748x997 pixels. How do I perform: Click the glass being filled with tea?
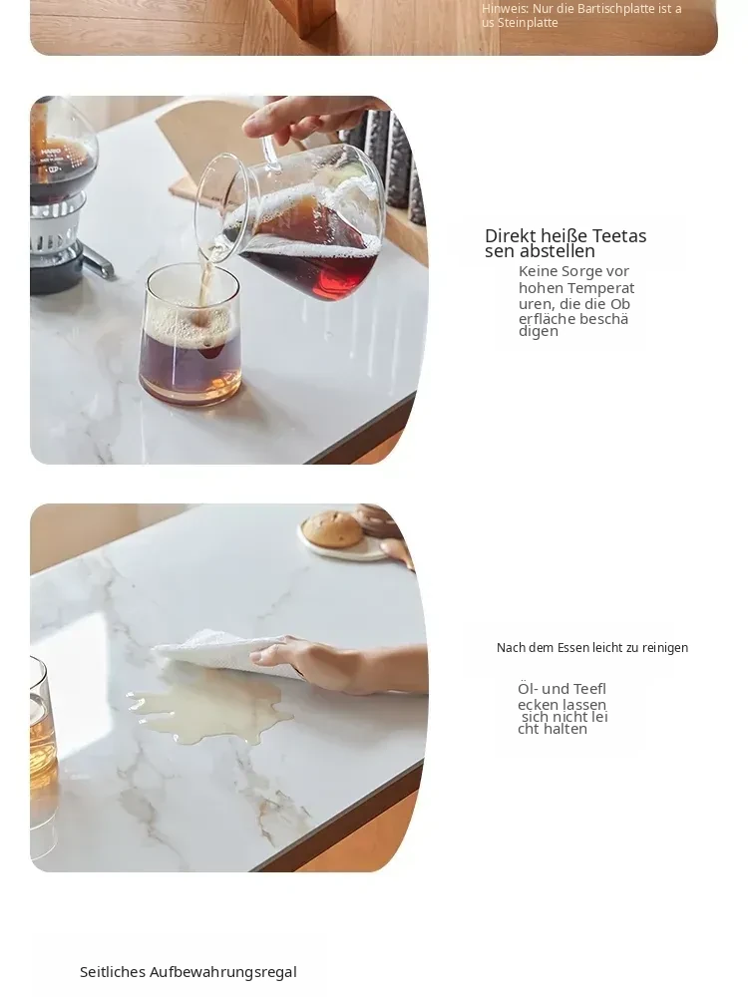click(190, 335)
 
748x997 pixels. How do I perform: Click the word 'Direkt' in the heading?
click(510, 236)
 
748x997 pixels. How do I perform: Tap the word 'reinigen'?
click(664, 648)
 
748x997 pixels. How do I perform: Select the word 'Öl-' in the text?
click(528, 689)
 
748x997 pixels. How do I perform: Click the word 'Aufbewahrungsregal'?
click(223, 972)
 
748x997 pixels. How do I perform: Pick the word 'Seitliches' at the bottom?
click(113, 971)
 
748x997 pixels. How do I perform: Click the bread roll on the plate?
click(331, 529)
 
